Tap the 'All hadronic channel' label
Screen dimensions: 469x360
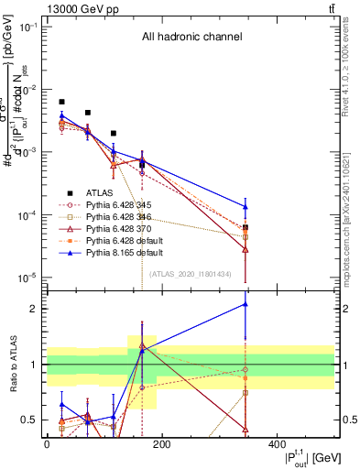pos(191,38)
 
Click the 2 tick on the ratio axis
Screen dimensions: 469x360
pos(34,309)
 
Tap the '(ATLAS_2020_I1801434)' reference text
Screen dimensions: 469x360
pos(191,272)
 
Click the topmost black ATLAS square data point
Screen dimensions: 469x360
pos(61,102)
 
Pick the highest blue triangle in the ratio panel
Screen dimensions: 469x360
pos(245,304)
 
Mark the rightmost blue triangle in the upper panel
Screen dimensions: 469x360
pos(245,206)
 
